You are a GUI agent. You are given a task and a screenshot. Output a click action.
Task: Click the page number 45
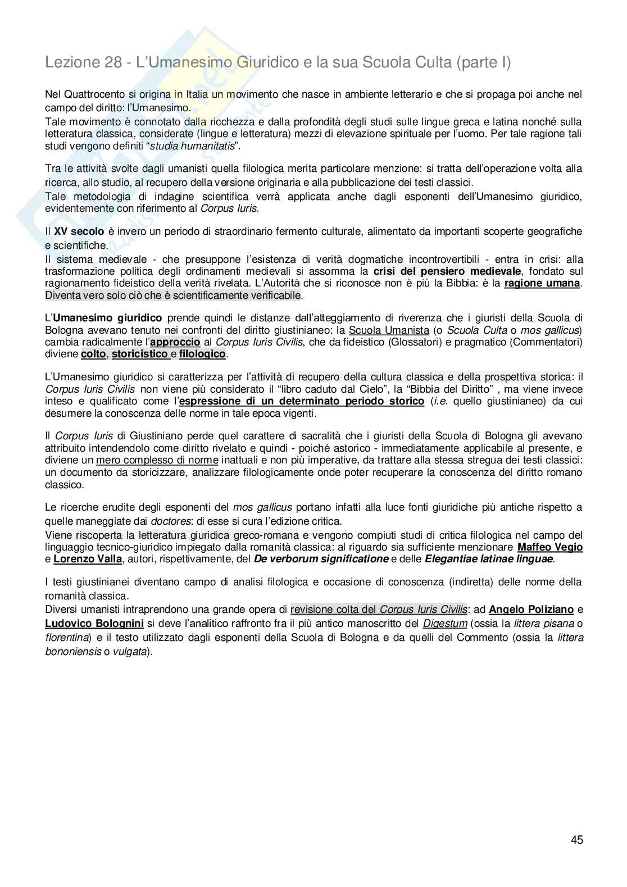576,840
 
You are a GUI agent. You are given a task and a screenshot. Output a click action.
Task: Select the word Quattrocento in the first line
88,94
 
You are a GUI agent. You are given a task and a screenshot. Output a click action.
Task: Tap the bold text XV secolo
79,231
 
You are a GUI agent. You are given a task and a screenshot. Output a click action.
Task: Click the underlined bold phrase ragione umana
542,283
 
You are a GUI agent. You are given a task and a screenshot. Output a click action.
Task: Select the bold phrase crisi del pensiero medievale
447,271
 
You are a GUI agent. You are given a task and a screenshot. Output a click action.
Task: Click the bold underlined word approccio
175,342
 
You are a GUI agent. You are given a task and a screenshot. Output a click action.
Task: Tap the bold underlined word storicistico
140,354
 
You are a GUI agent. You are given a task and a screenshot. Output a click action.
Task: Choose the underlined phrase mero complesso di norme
157,461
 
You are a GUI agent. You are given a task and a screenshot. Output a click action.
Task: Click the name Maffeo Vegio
549,547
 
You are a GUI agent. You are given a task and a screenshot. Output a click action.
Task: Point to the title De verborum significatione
321,559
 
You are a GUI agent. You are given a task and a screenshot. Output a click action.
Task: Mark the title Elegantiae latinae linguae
489,559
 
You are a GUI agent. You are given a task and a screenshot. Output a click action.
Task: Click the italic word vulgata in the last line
130,652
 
